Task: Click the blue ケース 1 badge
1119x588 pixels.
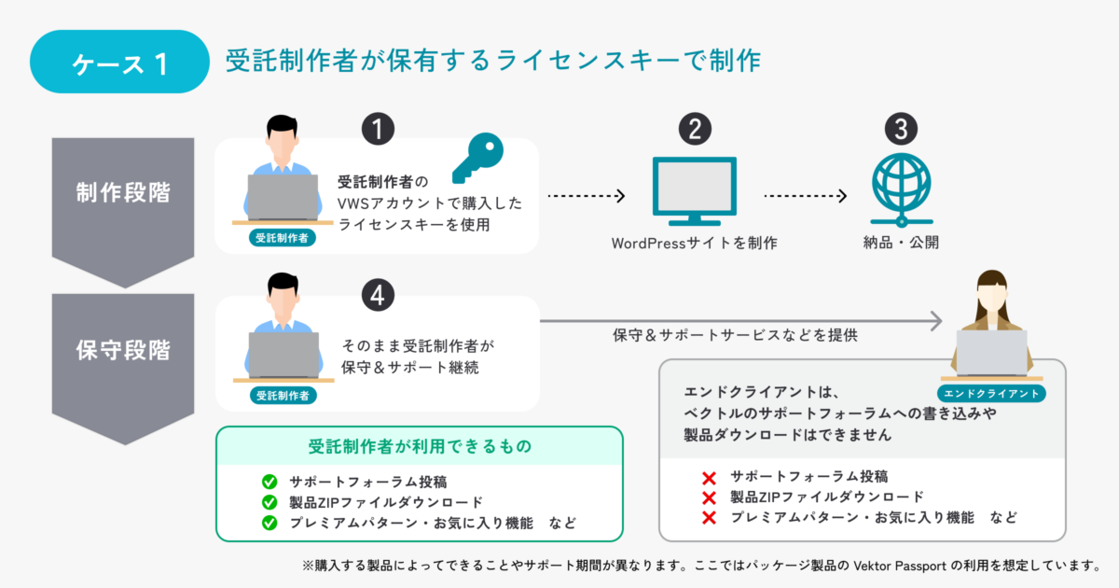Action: [119, 62]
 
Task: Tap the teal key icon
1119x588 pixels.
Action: [478, 158]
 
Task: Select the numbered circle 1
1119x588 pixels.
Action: [378, 129]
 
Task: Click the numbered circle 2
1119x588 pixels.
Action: [695, 129]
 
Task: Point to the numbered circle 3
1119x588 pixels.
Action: [901, 129]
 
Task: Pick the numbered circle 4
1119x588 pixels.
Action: [378, 295]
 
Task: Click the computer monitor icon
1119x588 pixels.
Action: [695, 191]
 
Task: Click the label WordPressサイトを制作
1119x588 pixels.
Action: [695, 244]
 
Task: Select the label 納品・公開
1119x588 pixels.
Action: [901, 243]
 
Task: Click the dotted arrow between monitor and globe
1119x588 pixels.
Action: [806, 195]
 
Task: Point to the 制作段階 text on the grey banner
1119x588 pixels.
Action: [123, 192]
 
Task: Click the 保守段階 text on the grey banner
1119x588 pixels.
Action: [123, 350]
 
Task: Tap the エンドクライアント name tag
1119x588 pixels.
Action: [991, 394]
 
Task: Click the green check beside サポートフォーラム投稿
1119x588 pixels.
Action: [269, 482]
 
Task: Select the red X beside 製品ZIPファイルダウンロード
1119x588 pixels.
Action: [709, 498]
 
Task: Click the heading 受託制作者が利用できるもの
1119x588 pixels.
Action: [420, 446]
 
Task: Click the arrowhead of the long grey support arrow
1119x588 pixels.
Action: [935, 321]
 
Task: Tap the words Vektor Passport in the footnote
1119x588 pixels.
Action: [900, 566]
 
